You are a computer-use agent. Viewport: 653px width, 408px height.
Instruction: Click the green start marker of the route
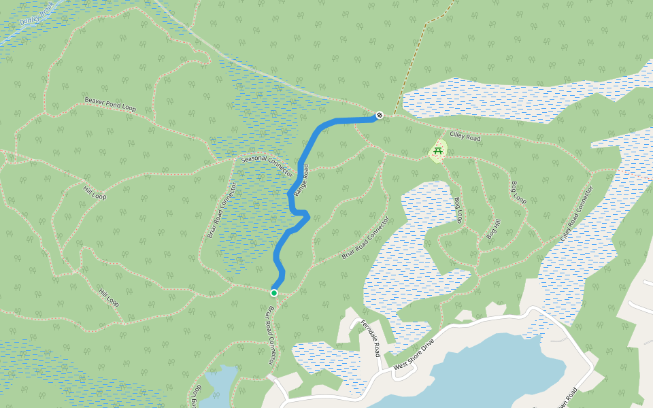274,293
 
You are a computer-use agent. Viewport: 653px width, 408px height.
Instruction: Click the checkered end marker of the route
380,115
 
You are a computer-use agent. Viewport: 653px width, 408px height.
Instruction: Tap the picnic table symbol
438,151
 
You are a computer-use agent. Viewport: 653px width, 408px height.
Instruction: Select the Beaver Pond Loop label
110,104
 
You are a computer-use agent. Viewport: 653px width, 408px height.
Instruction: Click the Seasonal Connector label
267,163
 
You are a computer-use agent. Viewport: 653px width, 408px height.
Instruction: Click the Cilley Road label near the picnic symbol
465,137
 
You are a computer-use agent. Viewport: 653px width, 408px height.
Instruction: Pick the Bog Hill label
493,228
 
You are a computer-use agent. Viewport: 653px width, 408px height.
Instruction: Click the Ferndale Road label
370,338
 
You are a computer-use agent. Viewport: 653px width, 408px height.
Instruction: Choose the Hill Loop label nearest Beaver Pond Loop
95,192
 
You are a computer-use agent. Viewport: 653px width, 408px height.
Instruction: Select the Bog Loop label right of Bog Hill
519,192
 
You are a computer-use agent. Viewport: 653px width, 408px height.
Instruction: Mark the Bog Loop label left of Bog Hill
458,210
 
